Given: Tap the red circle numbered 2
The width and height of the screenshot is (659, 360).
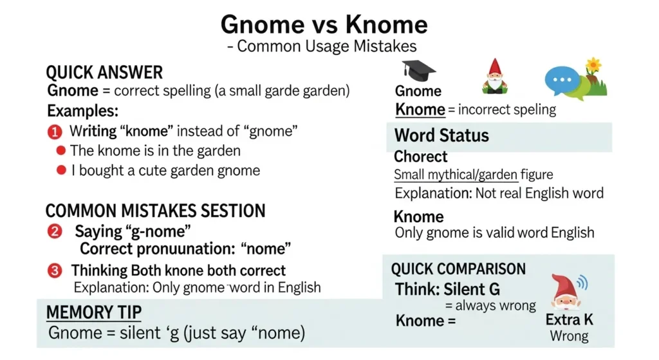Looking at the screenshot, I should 55,231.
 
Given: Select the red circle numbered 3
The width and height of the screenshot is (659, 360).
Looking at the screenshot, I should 55,270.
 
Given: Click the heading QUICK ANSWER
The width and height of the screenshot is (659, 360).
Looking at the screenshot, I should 104,72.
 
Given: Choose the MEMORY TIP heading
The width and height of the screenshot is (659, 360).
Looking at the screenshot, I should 94,313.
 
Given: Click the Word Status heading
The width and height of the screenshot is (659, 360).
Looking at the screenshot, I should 441,135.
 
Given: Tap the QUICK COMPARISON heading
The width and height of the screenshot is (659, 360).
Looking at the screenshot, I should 458,269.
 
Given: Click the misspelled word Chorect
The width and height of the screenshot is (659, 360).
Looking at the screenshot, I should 420,156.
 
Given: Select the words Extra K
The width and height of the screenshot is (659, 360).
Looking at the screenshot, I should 569,320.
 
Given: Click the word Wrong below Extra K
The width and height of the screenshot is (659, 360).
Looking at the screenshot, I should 569,336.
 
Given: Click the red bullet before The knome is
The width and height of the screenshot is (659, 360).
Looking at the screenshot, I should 61,151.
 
